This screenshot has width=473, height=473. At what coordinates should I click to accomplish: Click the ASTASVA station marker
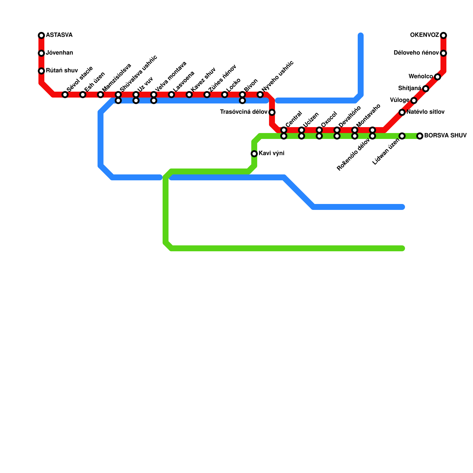pos(41,35)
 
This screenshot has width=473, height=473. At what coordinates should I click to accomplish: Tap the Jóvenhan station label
pos(59,53)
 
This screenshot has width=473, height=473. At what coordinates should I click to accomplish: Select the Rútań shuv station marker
pos(41,71)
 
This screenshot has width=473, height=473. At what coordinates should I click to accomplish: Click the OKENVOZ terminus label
pos(425,35)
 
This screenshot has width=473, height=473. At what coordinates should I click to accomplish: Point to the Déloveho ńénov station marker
pos(443,53)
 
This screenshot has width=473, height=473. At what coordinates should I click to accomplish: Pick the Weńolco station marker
pos(438,77)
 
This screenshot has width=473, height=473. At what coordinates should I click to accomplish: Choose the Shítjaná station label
pos(409,88)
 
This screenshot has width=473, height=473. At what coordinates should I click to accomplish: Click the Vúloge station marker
pos(414,101)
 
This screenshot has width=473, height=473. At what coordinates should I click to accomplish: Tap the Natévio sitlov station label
pos(425,112)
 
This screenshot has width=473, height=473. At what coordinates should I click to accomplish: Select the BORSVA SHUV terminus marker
pos(420,136)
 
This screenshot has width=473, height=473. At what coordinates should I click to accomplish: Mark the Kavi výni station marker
pos(254,154)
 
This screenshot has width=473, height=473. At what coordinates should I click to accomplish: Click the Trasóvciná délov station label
pos(244,112)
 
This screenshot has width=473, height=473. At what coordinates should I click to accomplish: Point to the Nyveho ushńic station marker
pos(260,95)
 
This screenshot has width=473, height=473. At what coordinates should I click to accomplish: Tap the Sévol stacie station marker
pos(65,95)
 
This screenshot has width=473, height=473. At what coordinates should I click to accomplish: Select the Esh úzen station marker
pos(83,95)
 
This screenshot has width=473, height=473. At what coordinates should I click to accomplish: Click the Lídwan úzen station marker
pos(402,136)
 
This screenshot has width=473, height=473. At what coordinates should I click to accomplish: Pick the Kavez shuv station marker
pos(189,95)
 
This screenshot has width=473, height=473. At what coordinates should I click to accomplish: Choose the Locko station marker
pos(225,95)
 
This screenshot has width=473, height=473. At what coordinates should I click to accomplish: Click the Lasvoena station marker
pos(171,95)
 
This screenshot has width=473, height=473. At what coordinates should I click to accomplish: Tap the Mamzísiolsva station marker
pos(101,95)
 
